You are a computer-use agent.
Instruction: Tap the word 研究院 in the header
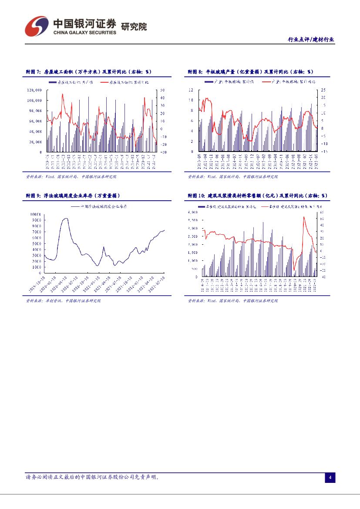(134, 27)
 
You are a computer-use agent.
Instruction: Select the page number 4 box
(330, 478)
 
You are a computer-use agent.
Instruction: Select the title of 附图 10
(257, 196)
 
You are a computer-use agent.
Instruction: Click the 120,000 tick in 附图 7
(34, 90)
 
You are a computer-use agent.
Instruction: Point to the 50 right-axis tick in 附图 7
(162, 90)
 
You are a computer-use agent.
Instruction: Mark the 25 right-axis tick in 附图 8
(323, 90)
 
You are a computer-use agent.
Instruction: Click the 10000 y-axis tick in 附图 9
(36, 214)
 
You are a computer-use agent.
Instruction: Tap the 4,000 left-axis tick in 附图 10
(193, 212)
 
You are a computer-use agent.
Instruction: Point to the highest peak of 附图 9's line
(65, 219)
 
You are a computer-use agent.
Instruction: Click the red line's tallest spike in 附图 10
(304, 217)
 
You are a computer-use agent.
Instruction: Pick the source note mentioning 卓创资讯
(63, 301)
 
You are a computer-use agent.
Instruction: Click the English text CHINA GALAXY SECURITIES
(85, 33)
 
